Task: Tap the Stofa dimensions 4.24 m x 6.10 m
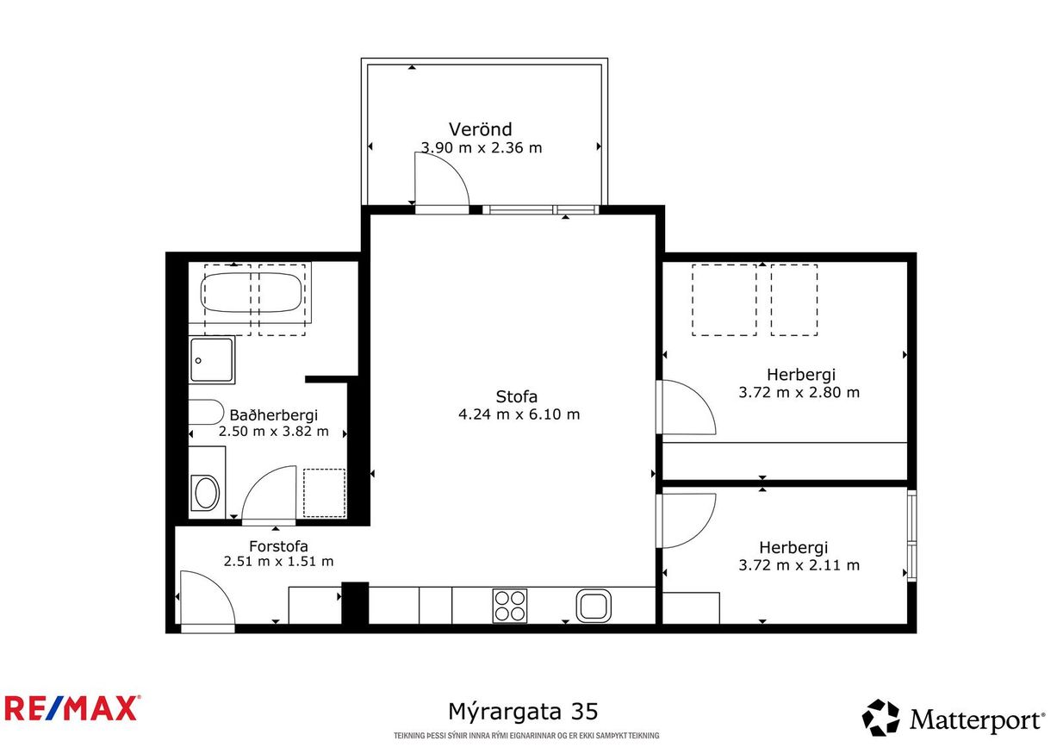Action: point(519,414)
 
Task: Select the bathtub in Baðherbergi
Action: point(252,293)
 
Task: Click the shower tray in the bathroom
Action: point(212,360)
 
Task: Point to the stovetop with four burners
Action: point(509,605)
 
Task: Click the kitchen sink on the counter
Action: point(593,606)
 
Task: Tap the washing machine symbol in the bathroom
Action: point(325,493)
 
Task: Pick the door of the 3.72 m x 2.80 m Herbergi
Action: point(686,408)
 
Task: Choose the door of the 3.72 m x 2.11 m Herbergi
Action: point(686,520)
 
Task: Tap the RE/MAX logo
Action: point(72,708)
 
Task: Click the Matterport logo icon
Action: point(880,718)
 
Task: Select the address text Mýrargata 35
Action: point(523,712)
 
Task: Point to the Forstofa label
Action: point(278,545)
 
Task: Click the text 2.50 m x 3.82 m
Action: point(274,431)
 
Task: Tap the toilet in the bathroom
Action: point(207,493)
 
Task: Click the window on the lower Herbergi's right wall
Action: point(912,534)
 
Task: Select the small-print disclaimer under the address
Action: point(526,735)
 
